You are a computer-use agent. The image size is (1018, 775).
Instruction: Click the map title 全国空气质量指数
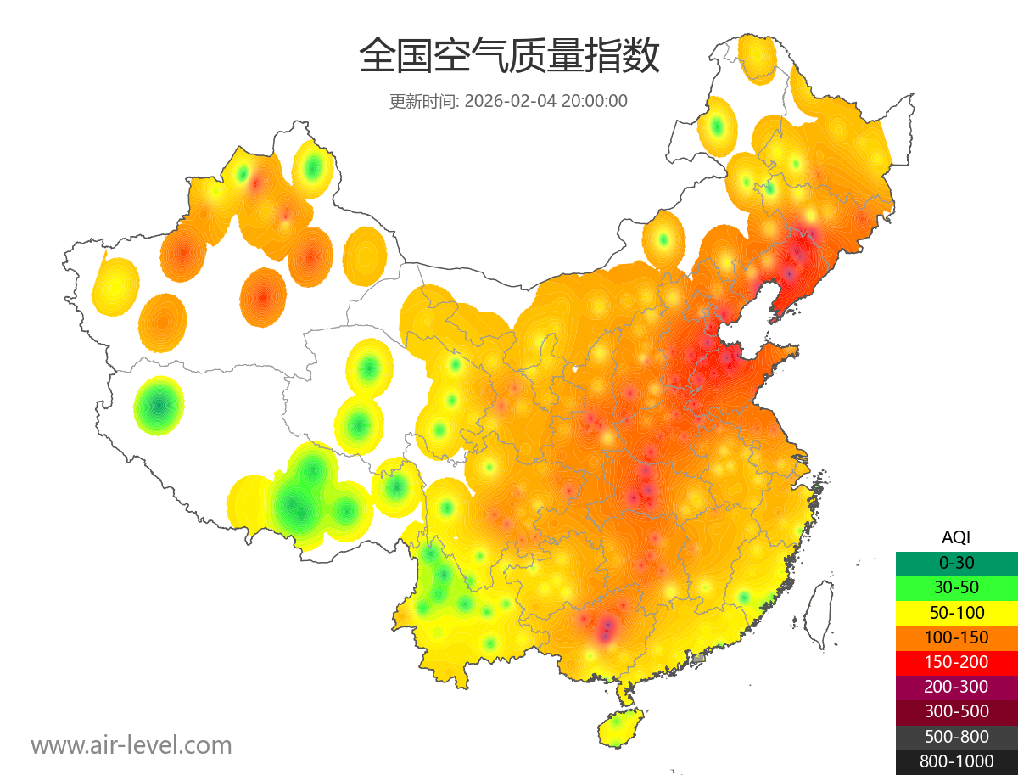pos(509,57)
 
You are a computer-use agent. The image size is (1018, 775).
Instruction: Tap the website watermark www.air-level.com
pos(131,745)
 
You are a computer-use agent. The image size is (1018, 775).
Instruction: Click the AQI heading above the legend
pos(956,536)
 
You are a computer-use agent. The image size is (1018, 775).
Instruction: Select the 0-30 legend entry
pos(956,562)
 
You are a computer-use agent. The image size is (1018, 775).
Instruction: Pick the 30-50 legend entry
pos(956,587)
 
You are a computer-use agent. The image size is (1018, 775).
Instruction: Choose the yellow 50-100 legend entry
pos(956,612)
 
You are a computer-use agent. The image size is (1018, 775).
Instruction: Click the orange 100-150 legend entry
pos(956,637)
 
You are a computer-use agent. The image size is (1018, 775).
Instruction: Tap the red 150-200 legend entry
pos(956,661)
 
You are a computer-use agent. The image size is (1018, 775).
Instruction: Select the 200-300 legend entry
pos(956,687)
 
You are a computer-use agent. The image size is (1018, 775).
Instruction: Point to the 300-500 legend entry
pos(956,711)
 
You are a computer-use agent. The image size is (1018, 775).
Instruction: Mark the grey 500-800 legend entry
pos(956,737)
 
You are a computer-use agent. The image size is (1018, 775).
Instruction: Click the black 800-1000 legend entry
pos(956,761)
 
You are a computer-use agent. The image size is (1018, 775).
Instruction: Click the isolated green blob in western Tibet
pos(159,405)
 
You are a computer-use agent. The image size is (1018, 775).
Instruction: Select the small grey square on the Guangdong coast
pos(698,658)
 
